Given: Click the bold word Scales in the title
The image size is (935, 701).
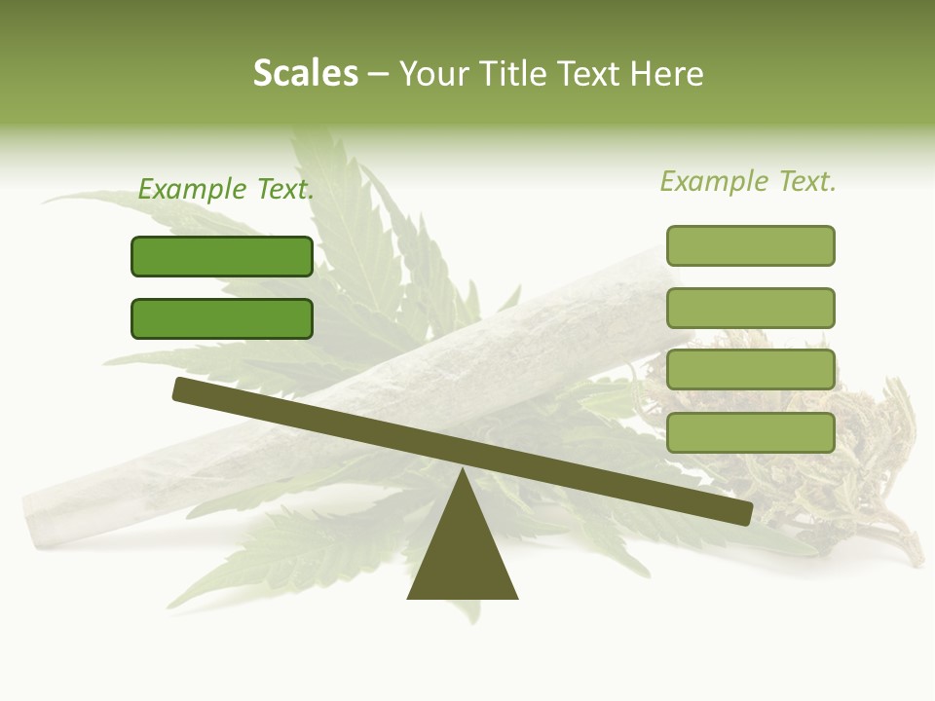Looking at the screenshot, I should point(305,74).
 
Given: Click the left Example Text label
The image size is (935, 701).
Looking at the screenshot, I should point(226,190).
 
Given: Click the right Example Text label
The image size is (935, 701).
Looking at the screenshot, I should point(748,181).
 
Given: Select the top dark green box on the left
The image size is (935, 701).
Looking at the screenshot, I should point(222,256).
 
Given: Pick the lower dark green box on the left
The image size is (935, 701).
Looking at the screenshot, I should point(222,318).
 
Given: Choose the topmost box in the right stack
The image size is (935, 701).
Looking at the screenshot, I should point(750,245).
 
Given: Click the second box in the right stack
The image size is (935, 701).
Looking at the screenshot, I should point(750,308).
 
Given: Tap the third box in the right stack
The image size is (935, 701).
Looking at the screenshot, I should point(750,369).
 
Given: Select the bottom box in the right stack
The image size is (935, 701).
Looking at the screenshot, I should point(750,432).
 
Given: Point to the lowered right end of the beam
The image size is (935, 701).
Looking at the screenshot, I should point(742,513).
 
